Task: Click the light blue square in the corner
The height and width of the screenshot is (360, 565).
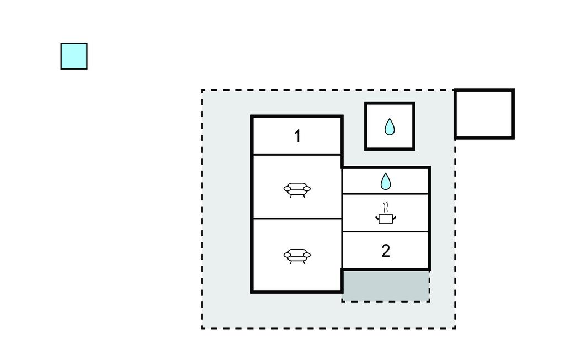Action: tap(74, 56)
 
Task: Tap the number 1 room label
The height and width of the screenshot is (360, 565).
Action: tap(297, 136)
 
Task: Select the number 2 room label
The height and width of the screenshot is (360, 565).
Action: tap(386, 251)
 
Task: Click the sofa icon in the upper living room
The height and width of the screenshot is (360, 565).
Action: tap(297, 189)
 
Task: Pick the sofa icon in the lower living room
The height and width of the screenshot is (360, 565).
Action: tap(297, 256)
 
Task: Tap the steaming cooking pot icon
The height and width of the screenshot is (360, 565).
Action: tap(386, 213)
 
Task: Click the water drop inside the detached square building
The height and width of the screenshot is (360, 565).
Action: tap(390, 126)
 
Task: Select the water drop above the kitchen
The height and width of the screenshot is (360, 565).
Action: tap(386, 182)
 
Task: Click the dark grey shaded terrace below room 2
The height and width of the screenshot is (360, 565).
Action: tap(386, 286)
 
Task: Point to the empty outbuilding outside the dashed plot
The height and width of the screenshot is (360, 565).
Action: tap(484, 114)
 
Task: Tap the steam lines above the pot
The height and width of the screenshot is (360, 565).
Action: tap(386, 207)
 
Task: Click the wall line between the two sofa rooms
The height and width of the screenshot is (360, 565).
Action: tap(297, 219)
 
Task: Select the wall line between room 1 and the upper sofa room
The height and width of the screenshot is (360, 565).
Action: tap(297, 155)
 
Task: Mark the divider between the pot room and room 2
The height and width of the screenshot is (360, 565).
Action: tap(385, 231)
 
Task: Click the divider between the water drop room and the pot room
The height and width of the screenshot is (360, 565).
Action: tap(385, 194)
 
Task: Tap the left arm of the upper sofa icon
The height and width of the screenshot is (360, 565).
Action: tap(287, 188)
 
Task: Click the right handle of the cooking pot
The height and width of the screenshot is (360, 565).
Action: tap(394, 218)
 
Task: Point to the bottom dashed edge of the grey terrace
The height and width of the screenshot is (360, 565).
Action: tap(386, 301)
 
